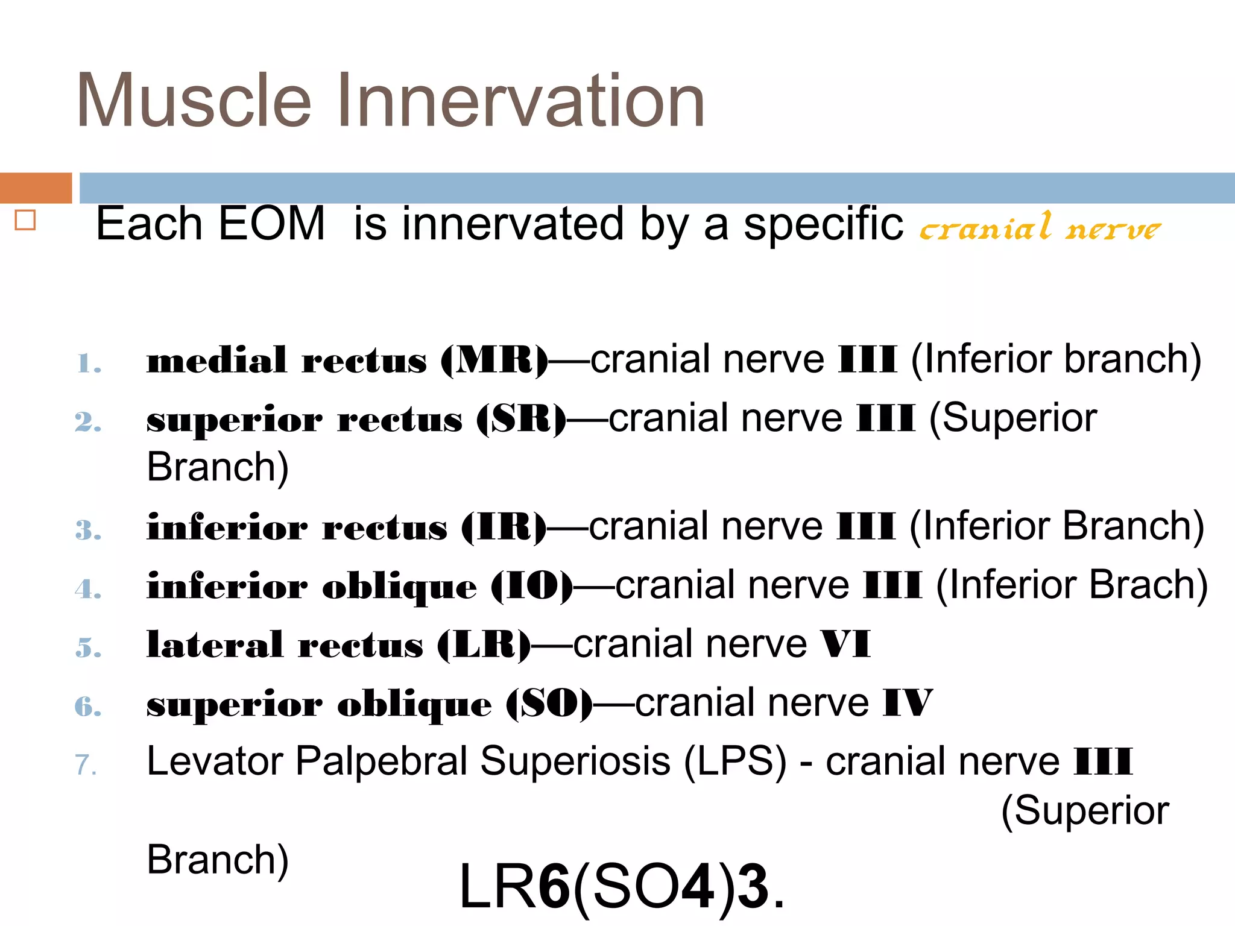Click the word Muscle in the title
(x=194, y=101)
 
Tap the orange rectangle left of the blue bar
(x=36, y=188)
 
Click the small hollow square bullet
(x=25, y=220)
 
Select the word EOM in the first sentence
(x=271, y=224)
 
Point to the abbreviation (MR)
(x=494, y=361)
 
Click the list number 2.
(x=87, y=421)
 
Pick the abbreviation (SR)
(x=521, y=419)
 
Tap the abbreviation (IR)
(x=504, y=527)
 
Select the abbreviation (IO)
(x=531, y=586)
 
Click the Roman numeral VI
(x=845, y=644)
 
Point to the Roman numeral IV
(x=908, y=702)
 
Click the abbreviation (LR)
(x=484, y=645)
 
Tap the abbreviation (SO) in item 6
(x=549, y=704)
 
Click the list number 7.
(x=86, y=764)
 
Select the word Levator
(x=215, y=761)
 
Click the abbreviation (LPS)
(x=735, y=761)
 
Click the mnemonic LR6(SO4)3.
(x=621, y=886)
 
